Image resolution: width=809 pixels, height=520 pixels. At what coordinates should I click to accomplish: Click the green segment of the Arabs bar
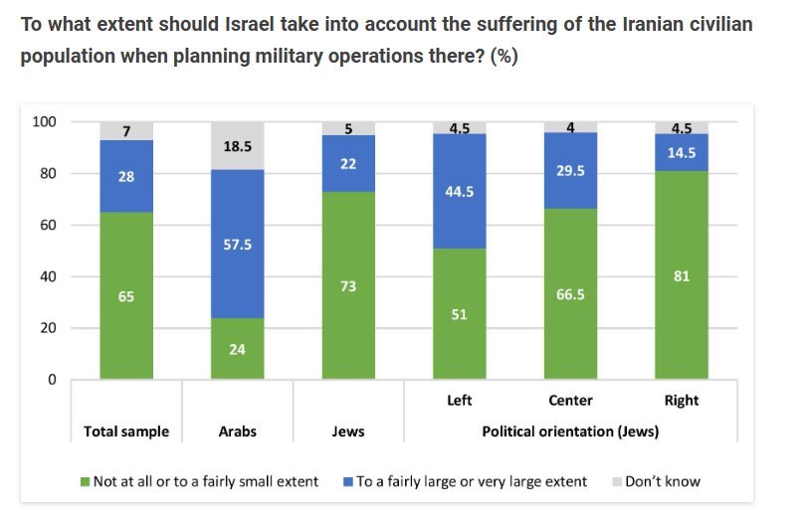point(237,348)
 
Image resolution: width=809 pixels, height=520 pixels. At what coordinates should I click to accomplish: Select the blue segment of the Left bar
point(459,191)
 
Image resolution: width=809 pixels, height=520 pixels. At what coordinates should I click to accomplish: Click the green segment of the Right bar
point(682,275)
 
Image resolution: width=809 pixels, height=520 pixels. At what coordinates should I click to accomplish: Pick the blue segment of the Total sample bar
point(126,176)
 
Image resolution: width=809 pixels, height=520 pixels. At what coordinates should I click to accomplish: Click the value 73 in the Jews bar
point(348,286)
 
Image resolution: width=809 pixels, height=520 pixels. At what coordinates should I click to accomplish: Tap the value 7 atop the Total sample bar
point(126,131)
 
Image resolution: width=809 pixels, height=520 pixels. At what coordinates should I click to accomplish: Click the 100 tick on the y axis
point(45,122)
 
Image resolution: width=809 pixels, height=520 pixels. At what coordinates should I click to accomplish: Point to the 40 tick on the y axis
point(49,276)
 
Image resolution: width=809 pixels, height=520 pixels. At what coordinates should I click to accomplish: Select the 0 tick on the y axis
point(52,380)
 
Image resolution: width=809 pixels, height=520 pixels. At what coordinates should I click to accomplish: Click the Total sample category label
point(126,432)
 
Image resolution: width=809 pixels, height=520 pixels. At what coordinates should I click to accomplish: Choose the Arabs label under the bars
point(237,432)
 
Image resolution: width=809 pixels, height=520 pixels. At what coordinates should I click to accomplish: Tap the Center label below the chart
point(570,401)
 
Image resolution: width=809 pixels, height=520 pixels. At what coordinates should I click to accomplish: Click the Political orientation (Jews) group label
point(570,432)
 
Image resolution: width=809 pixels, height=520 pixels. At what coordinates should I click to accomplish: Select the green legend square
point(86,482)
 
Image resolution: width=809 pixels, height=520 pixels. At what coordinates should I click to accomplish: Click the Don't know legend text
point(662,481)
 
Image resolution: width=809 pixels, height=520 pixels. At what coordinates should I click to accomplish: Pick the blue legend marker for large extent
point(348,482)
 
